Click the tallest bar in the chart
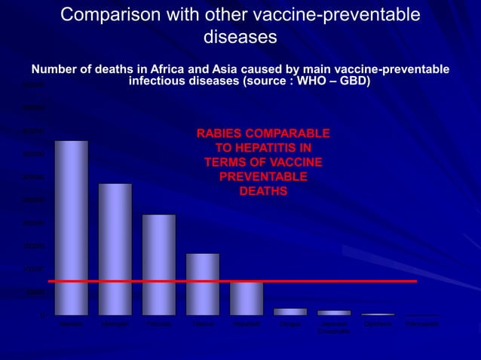point(71,227)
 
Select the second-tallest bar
point(115,249)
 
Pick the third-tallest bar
point(158,264)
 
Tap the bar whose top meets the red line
point(247,298)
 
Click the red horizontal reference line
point(339,281)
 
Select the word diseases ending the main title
point(240,36)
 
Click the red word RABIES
point(220,133)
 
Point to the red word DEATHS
point(262,191)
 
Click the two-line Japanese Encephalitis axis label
point(334,328)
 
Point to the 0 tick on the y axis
point(43,315)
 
